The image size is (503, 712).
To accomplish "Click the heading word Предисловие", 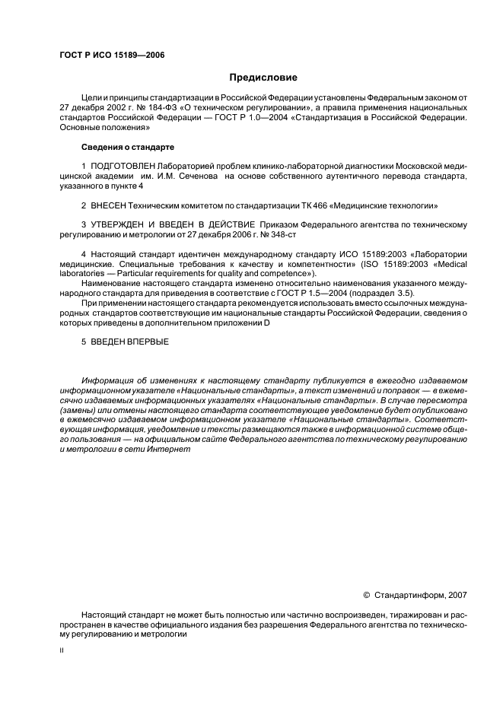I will [x=263, y=78].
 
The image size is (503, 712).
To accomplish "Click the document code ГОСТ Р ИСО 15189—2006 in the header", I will [x=112, y=56].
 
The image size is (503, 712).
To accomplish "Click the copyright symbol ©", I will [x=368, y=596].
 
